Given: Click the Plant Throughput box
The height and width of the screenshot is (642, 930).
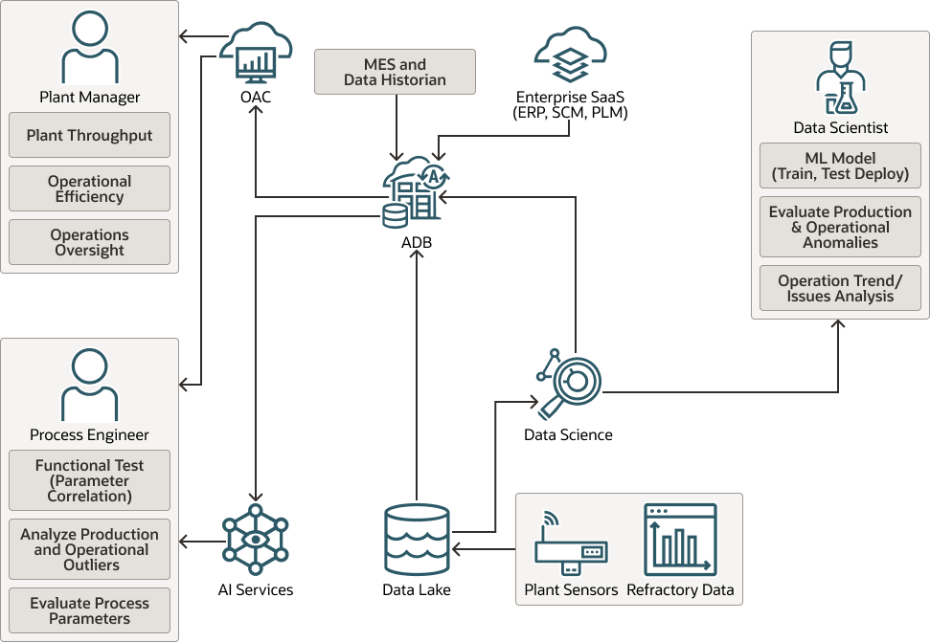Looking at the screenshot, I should (89, 135).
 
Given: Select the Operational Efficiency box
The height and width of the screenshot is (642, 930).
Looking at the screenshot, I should (89, 188).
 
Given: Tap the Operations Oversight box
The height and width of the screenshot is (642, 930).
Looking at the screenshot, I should (89, 242).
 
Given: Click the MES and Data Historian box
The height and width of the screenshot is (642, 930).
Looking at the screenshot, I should (395, 72).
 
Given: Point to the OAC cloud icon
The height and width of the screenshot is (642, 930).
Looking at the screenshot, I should (256, 56).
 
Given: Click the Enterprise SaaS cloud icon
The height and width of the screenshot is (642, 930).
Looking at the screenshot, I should (571, 56).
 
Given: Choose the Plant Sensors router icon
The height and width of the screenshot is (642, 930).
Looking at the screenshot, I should (571, 545).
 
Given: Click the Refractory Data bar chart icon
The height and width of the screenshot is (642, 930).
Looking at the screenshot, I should (680, 539).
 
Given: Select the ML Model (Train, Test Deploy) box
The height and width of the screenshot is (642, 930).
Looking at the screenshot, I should (840, 166).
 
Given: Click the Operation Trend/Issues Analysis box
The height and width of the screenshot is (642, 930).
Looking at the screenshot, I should (840, 288).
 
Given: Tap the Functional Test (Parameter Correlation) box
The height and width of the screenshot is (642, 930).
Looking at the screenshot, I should (89, 480).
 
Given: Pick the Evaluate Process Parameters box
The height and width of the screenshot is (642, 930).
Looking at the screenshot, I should (89, 610).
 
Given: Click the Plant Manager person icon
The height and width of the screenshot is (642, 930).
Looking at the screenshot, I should (89, 48).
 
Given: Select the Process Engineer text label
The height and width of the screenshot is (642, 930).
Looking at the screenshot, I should (89, 435).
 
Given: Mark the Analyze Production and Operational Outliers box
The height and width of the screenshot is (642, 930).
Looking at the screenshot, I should (89, 549).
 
